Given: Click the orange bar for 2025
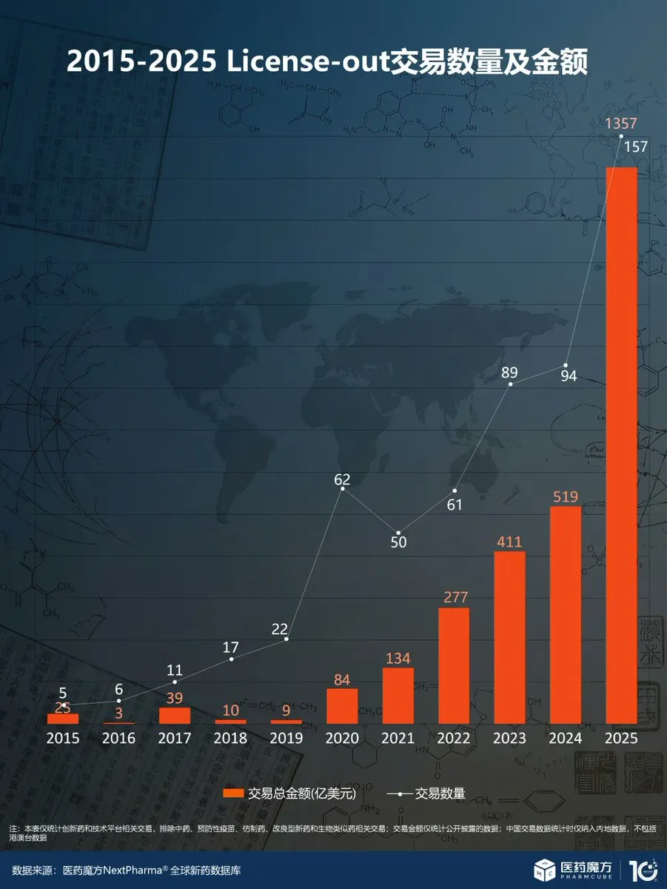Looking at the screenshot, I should (621, 444).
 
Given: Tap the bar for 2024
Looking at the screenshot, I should (566, 615).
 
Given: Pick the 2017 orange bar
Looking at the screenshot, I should (175, 715).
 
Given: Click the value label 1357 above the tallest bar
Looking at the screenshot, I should (621, 124).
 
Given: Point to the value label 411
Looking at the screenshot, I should (509, 540).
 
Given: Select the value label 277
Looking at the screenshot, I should (454, 596).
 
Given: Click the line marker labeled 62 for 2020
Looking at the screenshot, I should (343, 488).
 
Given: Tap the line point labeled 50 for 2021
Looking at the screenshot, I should (398, 533).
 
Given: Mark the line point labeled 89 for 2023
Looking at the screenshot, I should (510, 384).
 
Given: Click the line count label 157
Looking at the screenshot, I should (635, 146).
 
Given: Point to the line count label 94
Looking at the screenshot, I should (569, 376).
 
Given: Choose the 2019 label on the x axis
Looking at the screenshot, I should (286, 739).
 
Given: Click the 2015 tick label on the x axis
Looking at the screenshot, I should (63, 739).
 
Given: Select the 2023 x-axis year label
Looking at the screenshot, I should (509, 739).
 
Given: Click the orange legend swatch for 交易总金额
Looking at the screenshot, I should (233, 793).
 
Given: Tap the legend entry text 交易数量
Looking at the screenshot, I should (440, 793).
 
